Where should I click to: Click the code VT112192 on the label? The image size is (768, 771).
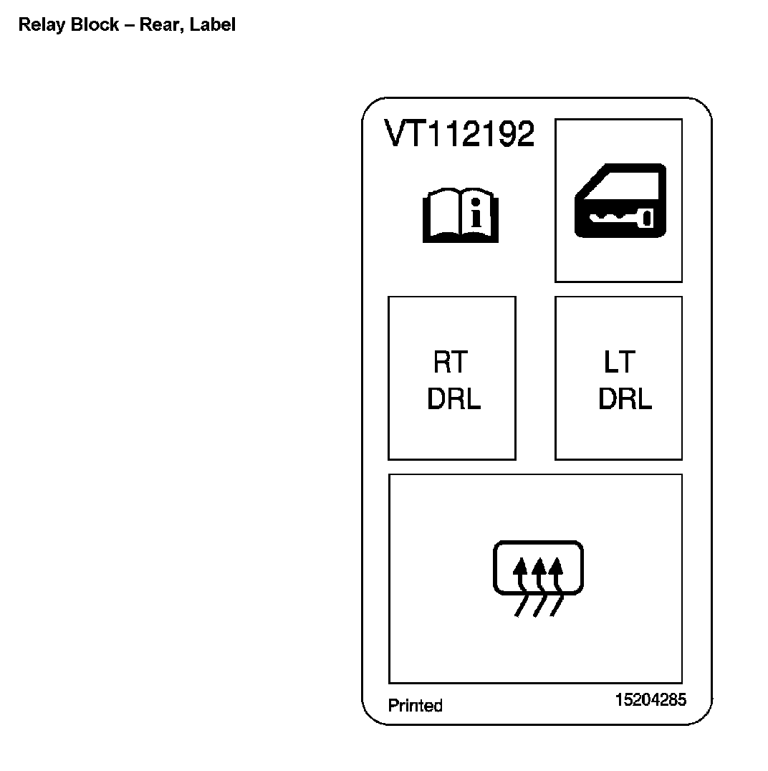[459, 134]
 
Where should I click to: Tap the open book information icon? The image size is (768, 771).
[461, 216]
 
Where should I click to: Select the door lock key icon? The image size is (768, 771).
[620, 201]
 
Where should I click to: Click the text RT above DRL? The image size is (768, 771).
[451, 363]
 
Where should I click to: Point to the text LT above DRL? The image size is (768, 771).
[620, 363]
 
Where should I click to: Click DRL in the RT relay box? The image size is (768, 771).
[453, 400]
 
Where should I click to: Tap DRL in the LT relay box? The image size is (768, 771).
[625, 400]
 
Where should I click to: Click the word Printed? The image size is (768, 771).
[416, 706]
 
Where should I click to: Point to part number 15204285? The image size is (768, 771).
[650, 699]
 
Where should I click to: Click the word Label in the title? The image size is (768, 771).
[213, 25]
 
